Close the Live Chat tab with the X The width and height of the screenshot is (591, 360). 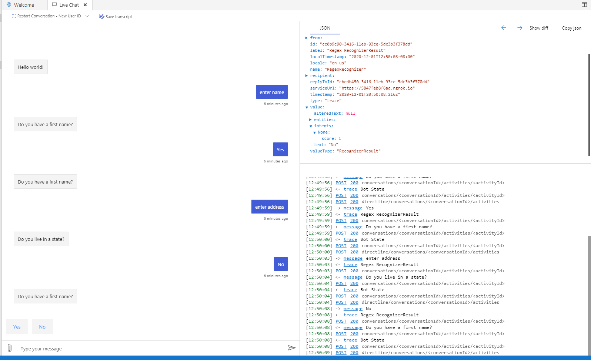(85, 5)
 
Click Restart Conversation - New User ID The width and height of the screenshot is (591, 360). (46, 16)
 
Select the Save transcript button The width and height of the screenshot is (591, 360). (115, 16)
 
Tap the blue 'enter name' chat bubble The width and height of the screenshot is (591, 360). (272, 92)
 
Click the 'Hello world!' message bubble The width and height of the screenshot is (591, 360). (31, 67)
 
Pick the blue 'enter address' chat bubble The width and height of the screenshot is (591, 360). (269, 206)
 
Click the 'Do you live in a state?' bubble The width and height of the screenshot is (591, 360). (41, 239)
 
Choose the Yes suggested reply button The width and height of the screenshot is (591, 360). (17, 327)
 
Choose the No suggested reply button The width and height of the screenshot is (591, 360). (42, 327)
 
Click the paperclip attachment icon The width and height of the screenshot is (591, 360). (10, 348)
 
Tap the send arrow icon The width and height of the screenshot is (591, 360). (291, 348)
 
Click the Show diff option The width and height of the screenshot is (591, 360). (539, 28)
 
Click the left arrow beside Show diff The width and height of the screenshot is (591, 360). (504, 28)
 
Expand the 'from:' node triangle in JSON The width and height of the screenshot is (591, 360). (307, 38)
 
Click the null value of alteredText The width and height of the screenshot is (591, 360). (350, 113)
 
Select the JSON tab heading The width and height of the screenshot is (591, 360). (325, 28)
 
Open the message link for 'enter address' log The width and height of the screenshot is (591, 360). (353, 258)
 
